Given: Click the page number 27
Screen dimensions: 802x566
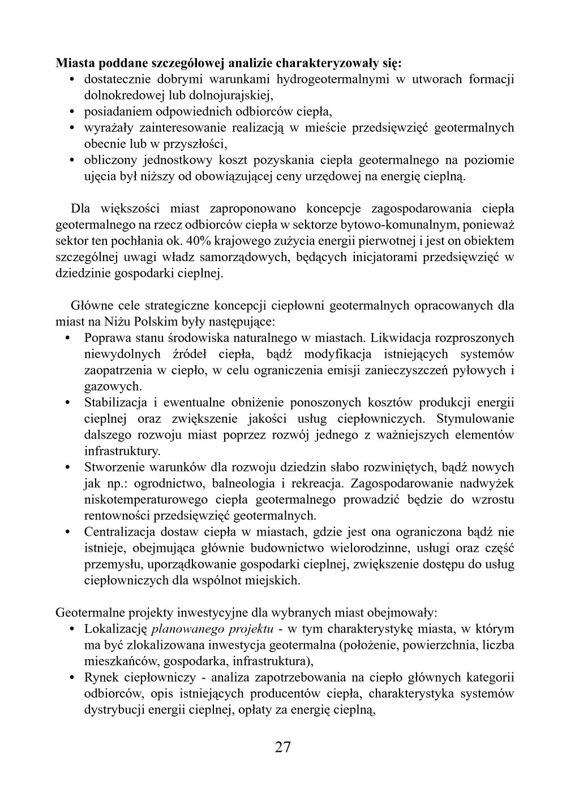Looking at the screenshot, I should click(283, 748).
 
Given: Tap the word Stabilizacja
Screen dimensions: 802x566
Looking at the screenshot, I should click(116, 402).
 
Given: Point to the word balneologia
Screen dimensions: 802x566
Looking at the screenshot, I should click(243, 483).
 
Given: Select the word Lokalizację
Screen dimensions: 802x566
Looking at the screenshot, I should click(116, 629).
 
